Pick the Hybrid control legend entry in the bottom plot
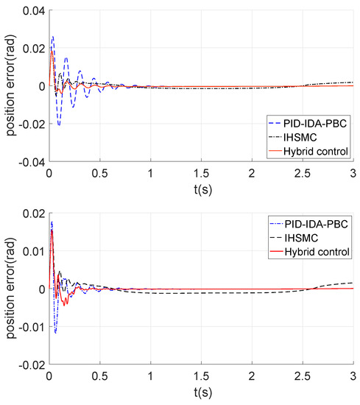317,251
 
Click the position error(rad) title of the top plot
10,86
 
